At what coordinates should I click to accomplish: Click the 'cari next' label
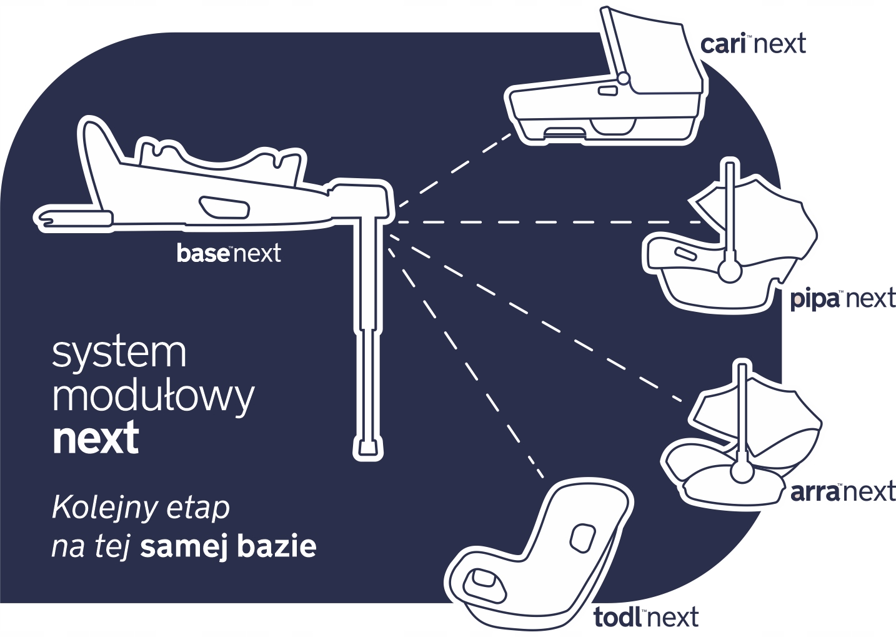point(752,44)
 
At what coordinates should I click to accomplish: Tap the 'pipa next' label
point(842,299)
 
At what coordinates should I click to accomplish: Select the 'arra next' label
point(842,491)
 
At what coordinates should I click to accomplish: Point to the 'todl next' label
point(645,618)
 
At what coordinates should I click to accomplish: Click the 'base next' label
point(229,253)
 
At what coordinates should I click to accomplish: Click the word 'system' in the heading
point(119,353)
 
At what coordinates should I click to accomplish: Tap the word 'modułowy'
point(153,396)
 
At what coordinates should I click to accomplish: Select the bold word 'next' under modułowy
point(96,438)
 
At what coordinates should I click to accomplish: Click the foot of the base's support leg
point(368,446)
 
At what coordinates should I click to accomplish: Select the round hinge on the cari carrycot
point(623,79)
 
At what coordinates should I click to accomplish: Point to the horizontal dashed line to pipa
point(550,221)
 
